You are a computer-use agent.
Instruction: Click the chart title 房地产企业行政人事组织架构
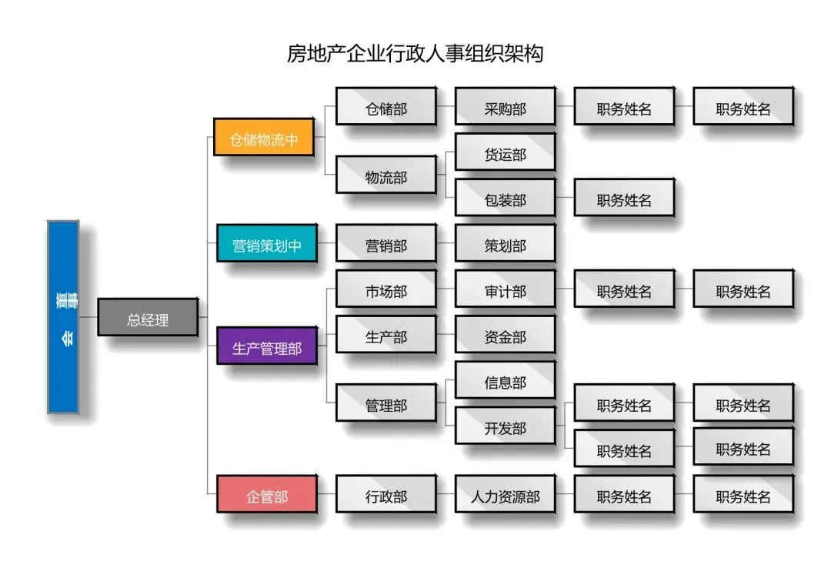pyautogui.click(x=415, y=54)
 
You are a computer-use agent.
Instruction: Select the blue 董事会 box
pyautogui.click(x=63, y=317)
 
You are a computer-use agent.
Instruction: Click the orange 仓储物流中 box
pyautogui.click(x=264, y=140)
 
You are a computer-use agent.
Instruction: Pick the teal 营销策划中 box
pyautogui.click(x=267, y=246)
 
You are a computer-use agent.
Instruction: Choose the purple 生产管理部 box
pyautogui.click(x=267, y=349)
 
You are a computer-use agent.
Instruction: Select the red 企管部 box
pyautogui.click(x=267, y=496)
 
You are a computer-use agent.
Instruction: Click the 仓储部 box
pyautogui.click(x=386, y=109)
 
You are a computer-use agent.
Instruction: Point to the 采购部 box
pyautogui.click(x=505, y=109)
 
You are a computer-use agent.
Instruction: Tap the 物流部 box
pyautogui.click(x=386, y=177)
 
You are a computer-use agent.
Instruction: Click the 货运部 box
pyautogui.click(x=505, y=154)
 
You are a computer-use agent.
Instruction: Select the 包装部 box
pyautogui.click(x=505, y=200)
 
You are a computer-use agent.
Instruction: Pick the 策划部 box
pyautogui.click(x=505, y=246)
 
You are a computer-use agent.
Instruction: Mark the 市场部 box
pyautogui.click(x=386, y=292)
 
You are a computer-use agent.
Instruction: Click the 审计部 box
pyautogui.click(x=505, y=292)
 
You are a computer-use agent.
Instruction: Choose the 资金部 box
pyautogui.click(x=505, y=337)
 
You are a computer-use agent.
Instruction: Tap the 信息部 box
pyautogui.click(x=505, y=383)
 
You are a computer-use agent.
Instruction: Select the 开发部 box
pyautogui.click(x=505, y=428)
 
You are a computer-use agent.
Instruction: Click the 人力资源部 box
pyautogui.click(x=505, y=496)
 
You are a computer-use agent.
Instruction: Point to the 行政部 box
pyautogui.click(x=386, y=496)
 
